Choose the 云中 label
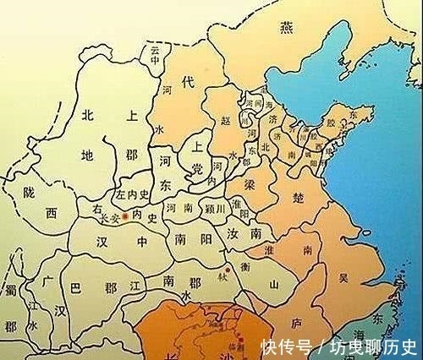(155, 62)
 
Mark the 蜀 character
(9, 292)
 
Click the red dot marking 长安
(126, 217)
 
